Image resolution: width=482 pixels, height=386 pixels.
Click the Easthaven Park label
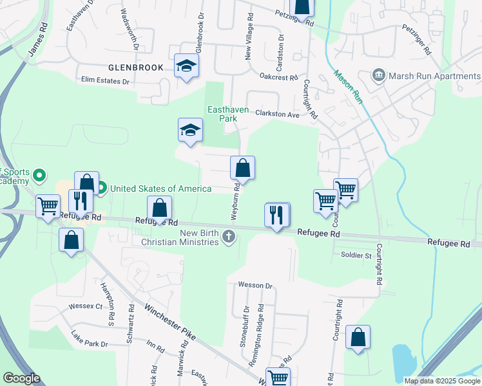pyautogui.click(x=227, y=114)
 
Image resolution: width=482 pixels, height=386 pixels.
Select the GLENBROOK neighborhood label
pyautogui.click(x=136, y=67)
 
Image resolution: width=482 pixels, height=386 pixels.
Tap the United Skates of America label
pyautogui.click(x=160, y=188)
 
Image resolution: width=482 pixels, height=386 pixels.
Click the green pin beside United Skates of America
pyautogui.click(x=101, y=188)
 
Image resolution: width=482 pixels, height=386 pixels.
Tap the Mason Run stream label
pyautogui.click(x=348, y=86)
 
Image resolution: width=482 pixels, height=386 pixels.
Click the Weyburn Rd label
pyautogui.click(x=236, y=201)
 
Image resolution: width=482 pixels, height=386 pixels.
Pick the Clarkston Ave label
pyautogui.click(x=278, y=115)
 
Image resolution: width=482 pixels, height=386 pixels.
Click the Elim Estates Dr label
pyautogui.click(x=105, y=81)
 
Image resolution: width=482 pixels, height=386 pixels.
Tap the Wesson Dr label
pyautogui.click(x=256, y=285)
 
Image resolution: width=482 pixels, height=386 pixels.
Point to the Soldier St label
pyautogui.click(x=356, y=255)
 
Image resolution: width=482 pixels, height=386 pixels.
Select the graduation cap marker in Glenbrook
pyautogui.click(x=187, y=66)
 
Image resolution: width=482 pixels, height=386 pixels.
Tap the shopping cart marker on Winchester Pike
pyautogui.click(x=278, y=378)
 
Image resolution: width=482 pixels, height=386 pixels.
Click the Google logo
pyautogui.click(x=21, y=378)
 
